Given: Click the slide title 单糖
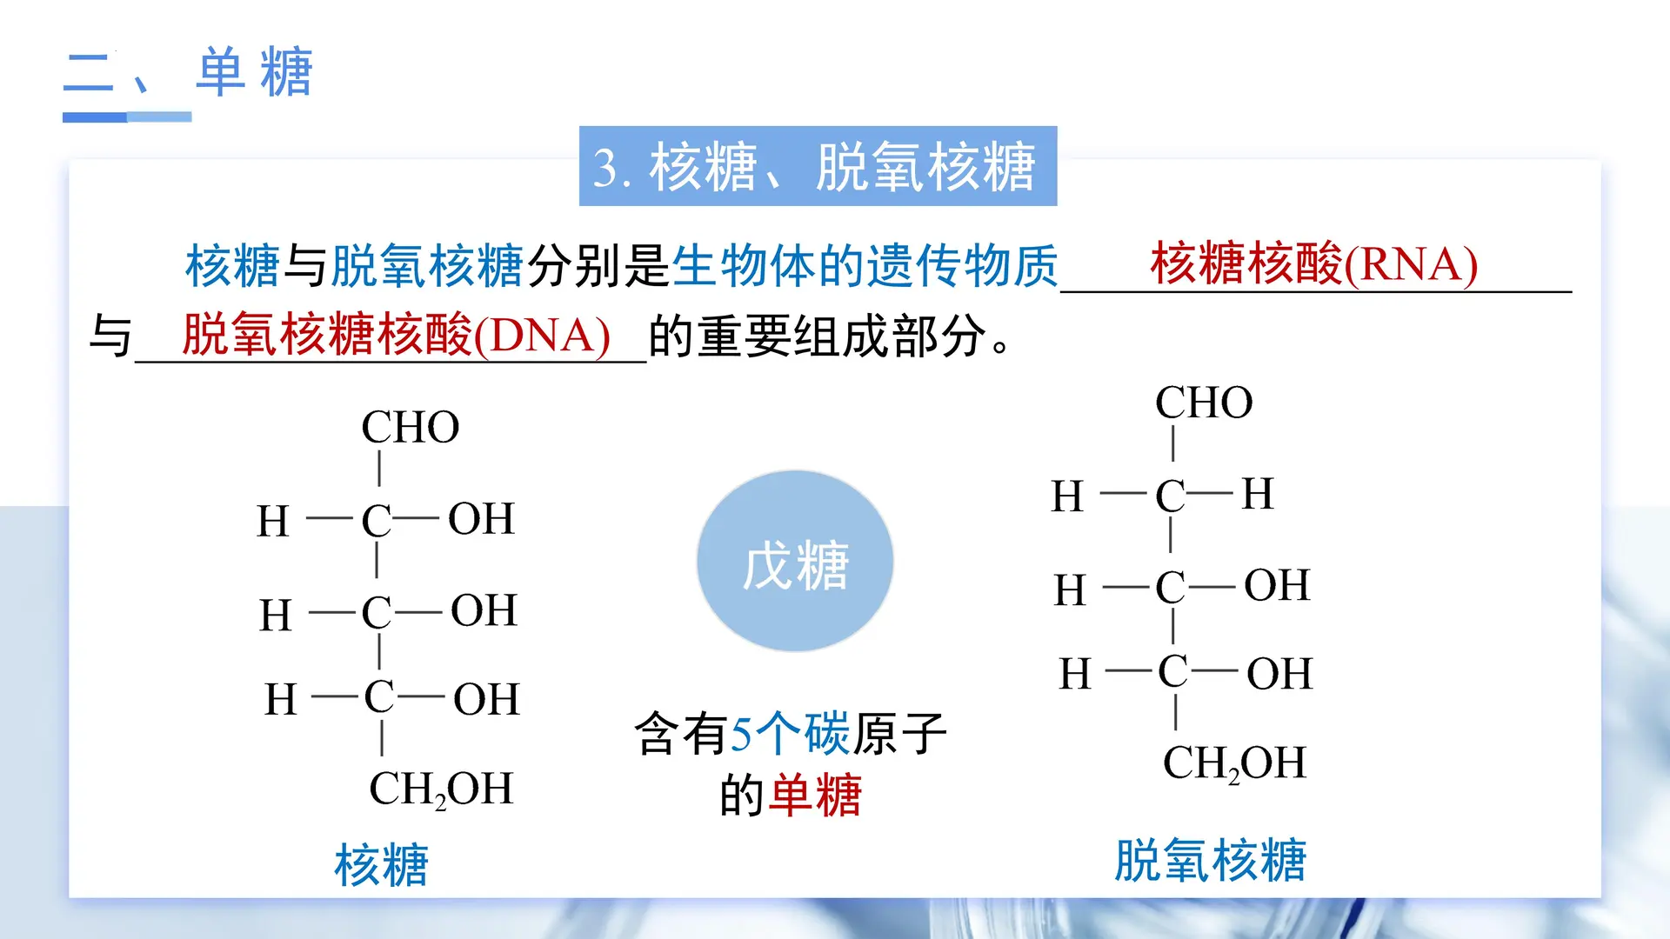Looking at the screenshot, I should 254,72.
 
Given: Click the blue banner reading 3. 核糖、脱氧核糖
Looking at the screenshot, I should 818,166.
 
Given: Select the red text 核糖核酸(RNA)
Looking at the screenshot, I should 1313,263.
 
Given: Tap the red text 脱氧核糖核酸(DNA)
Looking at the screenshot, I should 396,335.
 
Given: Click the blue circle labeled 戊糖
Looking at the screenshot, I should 795,562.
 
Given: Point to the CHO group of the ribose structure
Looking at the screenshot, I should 410,427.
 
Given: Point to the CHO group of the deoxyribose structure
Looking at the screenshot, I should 1204,403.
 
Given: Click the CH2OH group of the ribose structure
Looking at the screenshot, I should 441,789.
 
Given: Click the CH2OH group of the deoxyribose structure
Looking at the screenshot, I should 1234,763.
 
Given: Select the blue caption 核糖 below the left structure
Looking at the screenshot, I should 381,864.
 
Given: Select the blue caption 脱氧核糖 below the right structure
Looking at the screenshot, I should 1210,860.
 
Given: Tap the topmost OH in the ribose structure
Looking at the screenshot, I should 481,519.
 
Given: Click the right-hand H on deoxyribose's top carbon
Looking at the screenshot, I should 1258,494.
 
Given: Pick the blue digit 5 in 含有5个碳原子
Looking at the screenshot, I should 741,734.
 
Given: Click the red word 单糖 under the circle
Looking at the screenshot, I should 816,796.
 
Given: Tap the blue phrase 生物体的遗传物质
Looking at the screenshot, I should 865,265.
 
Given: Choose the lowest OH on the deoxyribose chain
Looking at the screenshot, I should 1279,674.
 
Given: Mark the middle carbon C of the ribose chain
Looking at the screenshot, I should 377,613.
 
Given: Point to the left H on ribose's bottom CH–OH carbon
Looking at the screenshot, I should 281,700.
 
